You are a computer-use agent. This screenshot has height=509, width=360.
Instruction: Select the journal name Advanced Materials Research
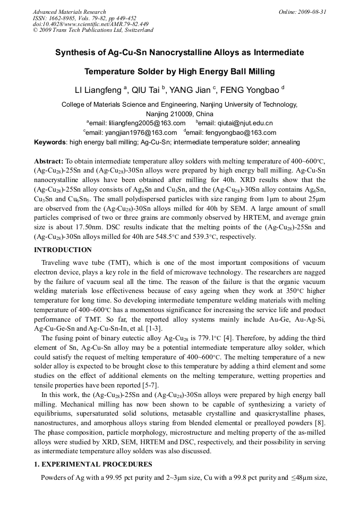click(70, 12)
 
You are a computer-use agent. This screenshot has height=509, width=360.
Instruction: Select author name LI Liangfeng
click(98, 90)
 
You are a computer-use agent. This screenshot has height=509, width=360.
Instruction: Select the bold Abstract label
click(49, 161)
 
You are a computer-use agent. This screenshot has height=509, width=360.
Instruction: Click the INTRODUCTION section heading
click(63, 249)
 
